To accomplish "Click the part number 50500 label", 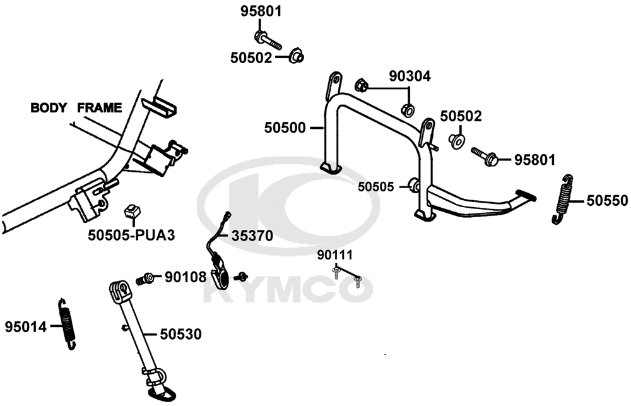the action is tap(285, 128).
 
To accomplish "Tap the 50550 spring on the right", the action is tap(562, 200).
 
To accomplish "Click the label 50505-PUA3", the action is tap(132, 236).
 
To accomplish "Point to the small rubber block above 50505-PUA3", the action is tap(133, 211).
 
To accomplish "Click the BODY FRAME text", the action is tap(76, 108).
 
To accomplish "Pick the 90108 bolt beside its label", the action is tap(144, 278).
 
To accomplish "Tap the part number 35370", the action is tap(252, 236).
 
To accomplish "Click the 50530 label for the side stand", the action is tap(180, 334).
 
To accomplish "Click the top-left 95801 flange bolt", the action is tap(268, 40).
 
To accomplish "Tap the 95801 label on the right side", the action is tap(535, 160).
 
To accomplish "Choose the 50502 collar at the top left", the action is tap(296, 56).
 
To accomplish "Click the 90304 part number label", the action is tap(410, 76).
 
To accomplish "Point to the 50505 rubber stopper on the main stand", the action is tap(414, 186).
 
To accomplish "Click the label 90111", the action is tap(335, 255).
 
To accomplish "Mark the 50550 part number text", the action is tap(607, 200).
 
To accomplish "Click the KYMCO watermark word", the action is tap(288, 289).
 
